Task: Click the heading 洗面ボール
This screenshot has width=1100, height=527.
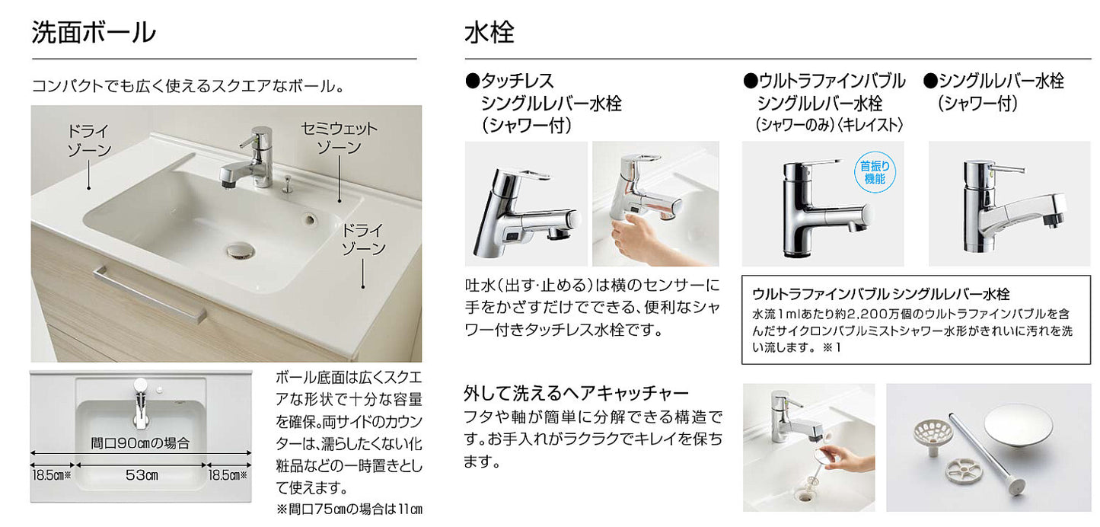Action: click(x=94, y=33)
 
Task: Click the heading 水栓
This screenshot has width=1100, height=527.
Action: click(x=489, y=33)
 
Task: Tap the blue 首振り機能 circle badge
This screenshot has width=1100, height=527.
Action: click(x=875, y=172)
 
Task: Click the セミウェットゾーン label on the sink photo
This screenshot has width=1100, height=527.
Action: click(x=339, y=138)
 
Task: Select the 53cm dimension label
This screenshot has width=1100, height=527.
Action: click(x=142, y=475)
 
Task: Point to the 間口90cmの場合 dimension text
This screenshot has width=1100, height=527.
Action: click(x=140, y=443)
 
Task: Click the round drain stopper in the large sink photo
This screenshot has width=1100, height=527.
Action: click(x=241, y=251)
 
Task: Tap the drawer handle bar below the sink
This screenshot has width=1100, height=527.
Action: click(x=150, y=295)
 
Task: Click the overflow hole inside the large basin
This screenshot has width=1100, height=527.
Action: click(x=309, y=218)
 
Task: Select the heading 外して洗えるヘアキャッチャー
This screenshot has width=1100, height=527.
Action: click(x=576, y=393)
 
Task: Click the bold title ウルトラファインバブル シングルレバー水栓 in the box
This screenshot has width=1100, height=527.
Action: click(x=881, y=294)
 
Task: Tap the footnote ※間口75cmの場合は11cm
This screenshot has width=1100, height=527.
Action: click(x=349, y=509)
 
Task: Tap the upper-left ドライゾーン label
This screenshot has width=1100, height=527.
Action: click(x=89, y=140)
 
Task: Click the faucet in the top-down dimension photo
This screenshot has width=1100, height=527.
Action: click(x=140, y=404)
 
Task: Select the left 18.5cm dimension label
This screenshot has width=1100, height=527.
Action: click(x=52, y=475)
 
